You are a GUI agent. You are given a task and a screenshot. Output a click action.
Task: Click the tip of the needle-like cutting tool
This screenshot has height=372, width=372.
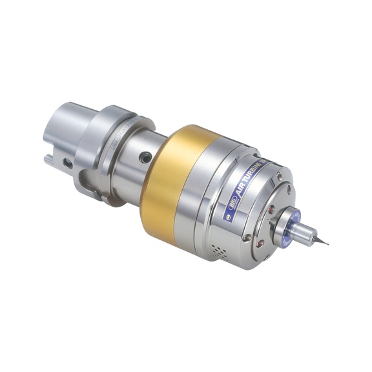tap(327, 245)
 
